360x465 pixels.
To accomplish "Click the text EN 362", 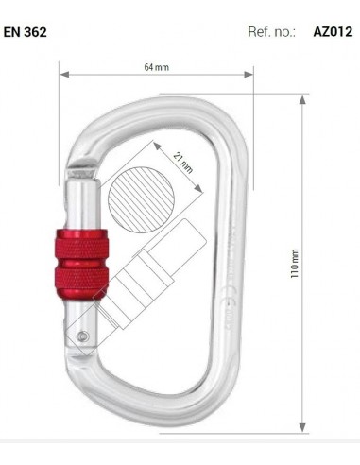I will (x=25, y=31).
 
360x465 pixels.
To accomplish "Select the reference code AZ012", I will (x=332, y=31).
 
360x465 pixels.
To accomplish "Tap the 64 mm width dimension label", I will (x=156, y=67).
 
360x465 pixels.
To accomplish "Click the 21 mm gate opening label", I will (x=183, y=164).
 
